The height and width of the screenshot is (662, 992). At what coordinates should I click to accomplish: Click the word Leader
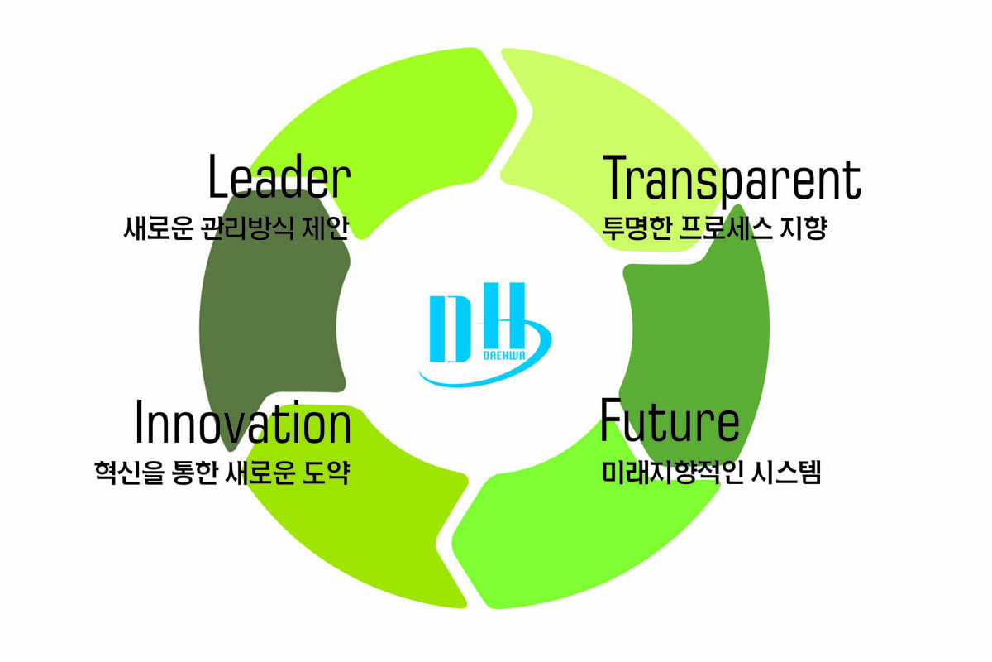click(x=279, y=178)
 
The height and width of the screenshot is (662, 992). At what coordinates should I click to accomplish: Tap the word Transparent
click(x=732, y=178)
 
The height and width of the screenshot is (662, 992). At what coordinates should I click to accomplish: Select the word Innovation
click(x=242, y=424)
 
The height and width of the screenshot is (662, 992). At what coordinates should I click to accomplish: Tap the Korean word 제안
click(x=326, y=228)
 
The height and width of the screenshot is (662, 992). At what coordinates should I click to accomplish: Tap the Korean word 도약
click(x=326, y=473)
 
